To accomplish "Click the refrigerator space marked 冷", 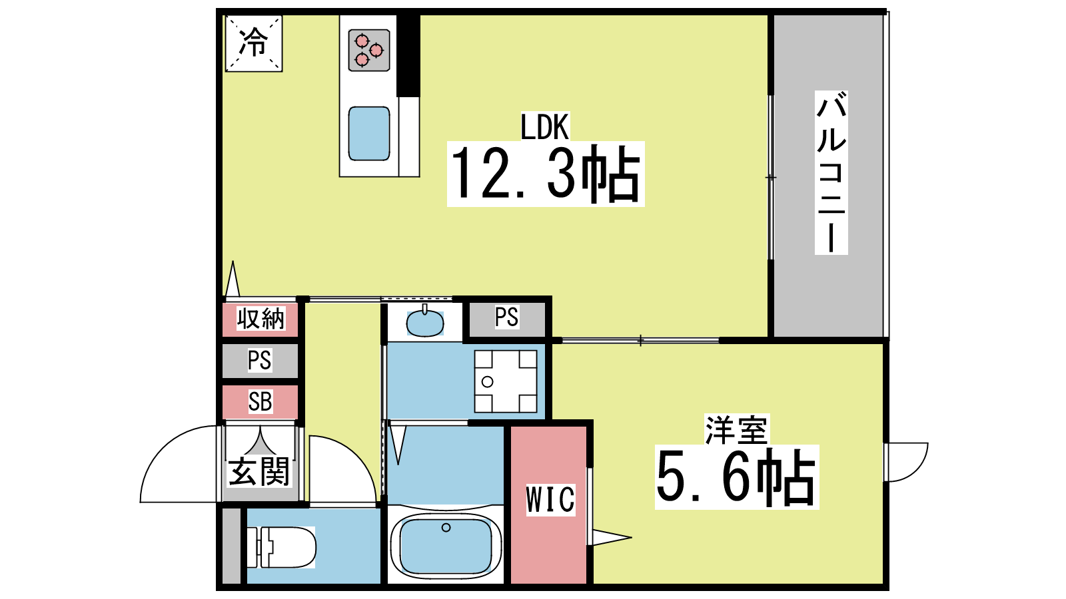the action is tap(254, 43).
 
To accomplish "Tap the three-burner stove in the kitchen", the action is tap(369, 51).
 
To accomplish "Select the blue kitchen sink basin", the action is tap(369, 134).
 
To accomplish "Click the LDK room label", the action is tap(544, 127).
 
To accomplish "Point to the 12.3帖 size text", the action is tap(546, 174).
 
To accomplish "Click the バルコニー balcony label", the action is tap(831, 172).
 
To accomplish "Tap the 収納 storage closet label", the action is tap(261, 319).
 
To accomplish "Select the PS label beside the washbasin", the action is tap(506, 317).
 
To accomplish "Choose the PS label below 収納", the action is tap(259, 360).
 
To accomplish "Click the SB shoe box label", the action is tap(260, 402).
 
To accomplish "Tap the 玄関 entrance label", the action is tap(259, 472).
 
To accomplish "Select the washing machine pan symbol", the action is tap(506, 381).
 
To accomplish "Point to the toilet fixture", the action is tap(281, 547).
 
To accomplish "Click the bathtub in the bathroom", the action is tap(446, 545).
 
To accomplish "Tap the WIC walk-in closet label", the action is tap(550, 500).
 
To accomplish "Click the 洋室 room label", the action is tap(736, 430).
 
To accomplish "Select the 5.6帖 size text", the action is tap(737, 477).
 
